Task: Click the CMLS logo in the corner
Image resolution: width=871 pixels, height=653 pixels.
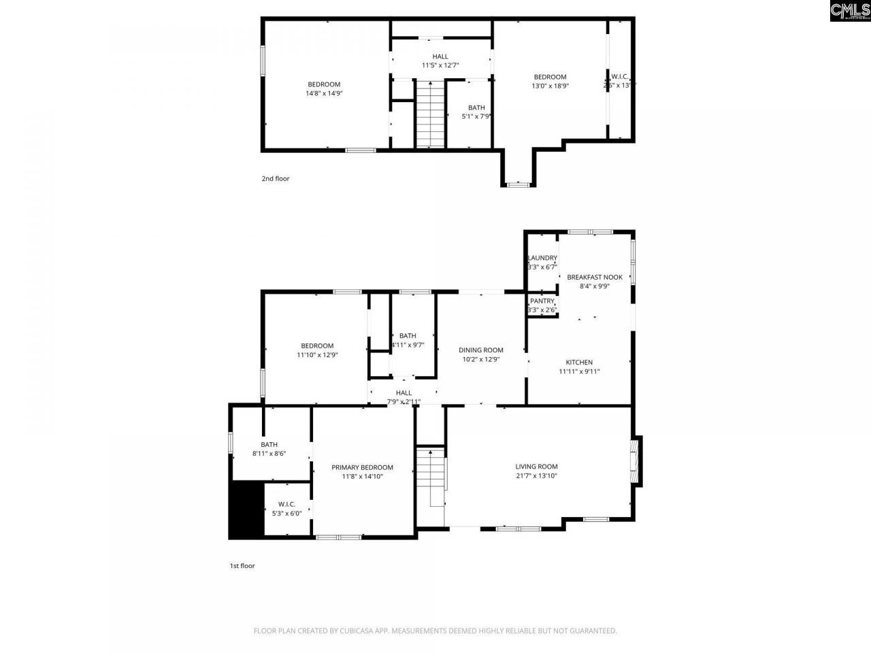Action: [850, 11]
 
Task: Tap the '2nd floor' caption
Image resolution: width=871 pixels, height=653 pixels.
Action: [276, 179]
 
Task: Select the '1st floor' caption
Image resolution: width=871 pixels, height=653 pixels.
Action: [242, 565]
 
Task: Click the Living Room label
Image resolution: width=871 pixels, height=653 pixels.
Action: [536, 467]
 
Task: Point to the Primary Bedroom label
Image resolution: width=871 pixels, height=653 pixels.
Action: [362, 467]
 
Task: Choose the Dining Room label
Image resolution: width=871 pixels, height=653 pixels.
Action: [480, 350]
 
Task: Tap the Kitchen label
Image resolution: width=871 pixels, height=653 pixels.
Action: [579, 363]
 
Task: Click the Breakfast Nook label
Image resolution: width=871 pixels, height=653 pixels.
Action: [594, 277]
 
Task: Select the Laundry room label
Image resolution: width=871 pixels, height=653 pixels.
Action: [542, 258]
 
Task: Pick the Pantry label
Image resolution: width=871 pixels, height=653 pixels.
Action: [542, 301]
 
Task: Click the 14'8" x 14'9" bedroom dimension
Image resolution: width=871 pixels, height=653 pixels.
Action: [324, 94]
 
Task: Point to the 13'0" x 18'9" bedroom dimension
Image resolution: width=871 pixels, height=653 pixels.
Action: [550, 86]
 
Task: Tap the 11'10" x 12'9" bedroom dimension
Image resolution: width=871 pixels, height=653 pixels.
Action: [317, 355]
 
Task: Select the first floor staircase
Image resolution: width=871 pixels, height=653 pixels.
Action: [430, 480]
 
